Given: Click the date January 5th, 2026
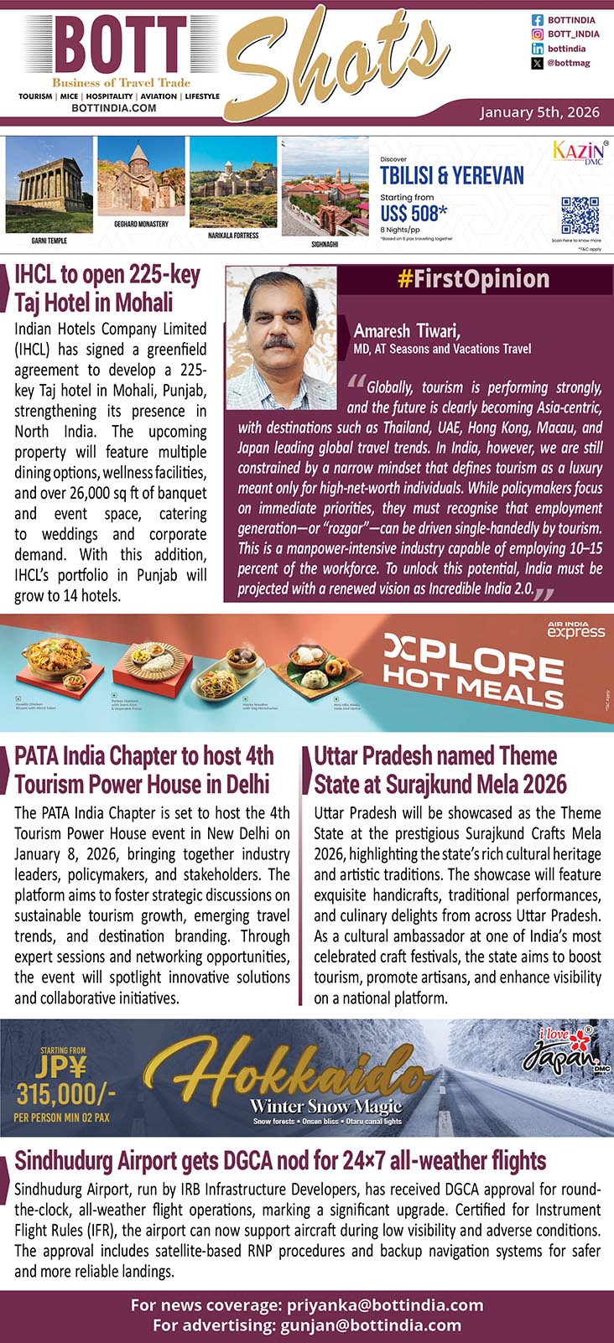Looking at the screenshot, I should point(539,112).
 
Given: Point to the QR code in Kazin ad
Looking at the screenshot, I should point(580,215).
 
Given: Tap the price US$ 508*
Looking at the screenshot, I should point(414,213).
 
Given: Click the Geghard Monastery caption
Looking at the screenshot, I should point(141,225).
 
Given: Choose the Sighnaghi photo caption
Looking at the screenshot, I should point(325,244).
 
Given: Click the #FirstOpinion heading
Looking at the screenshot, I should point(474,280).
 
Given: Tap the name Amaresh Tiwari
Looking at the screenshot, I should point(407,331).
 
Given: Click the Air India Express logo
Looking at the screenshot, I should point(575,630).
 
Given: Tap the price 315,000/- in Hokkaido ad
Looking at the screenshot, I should point(65,1094).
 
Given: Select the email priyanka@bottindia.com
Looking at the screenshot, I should point(385,1305).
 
